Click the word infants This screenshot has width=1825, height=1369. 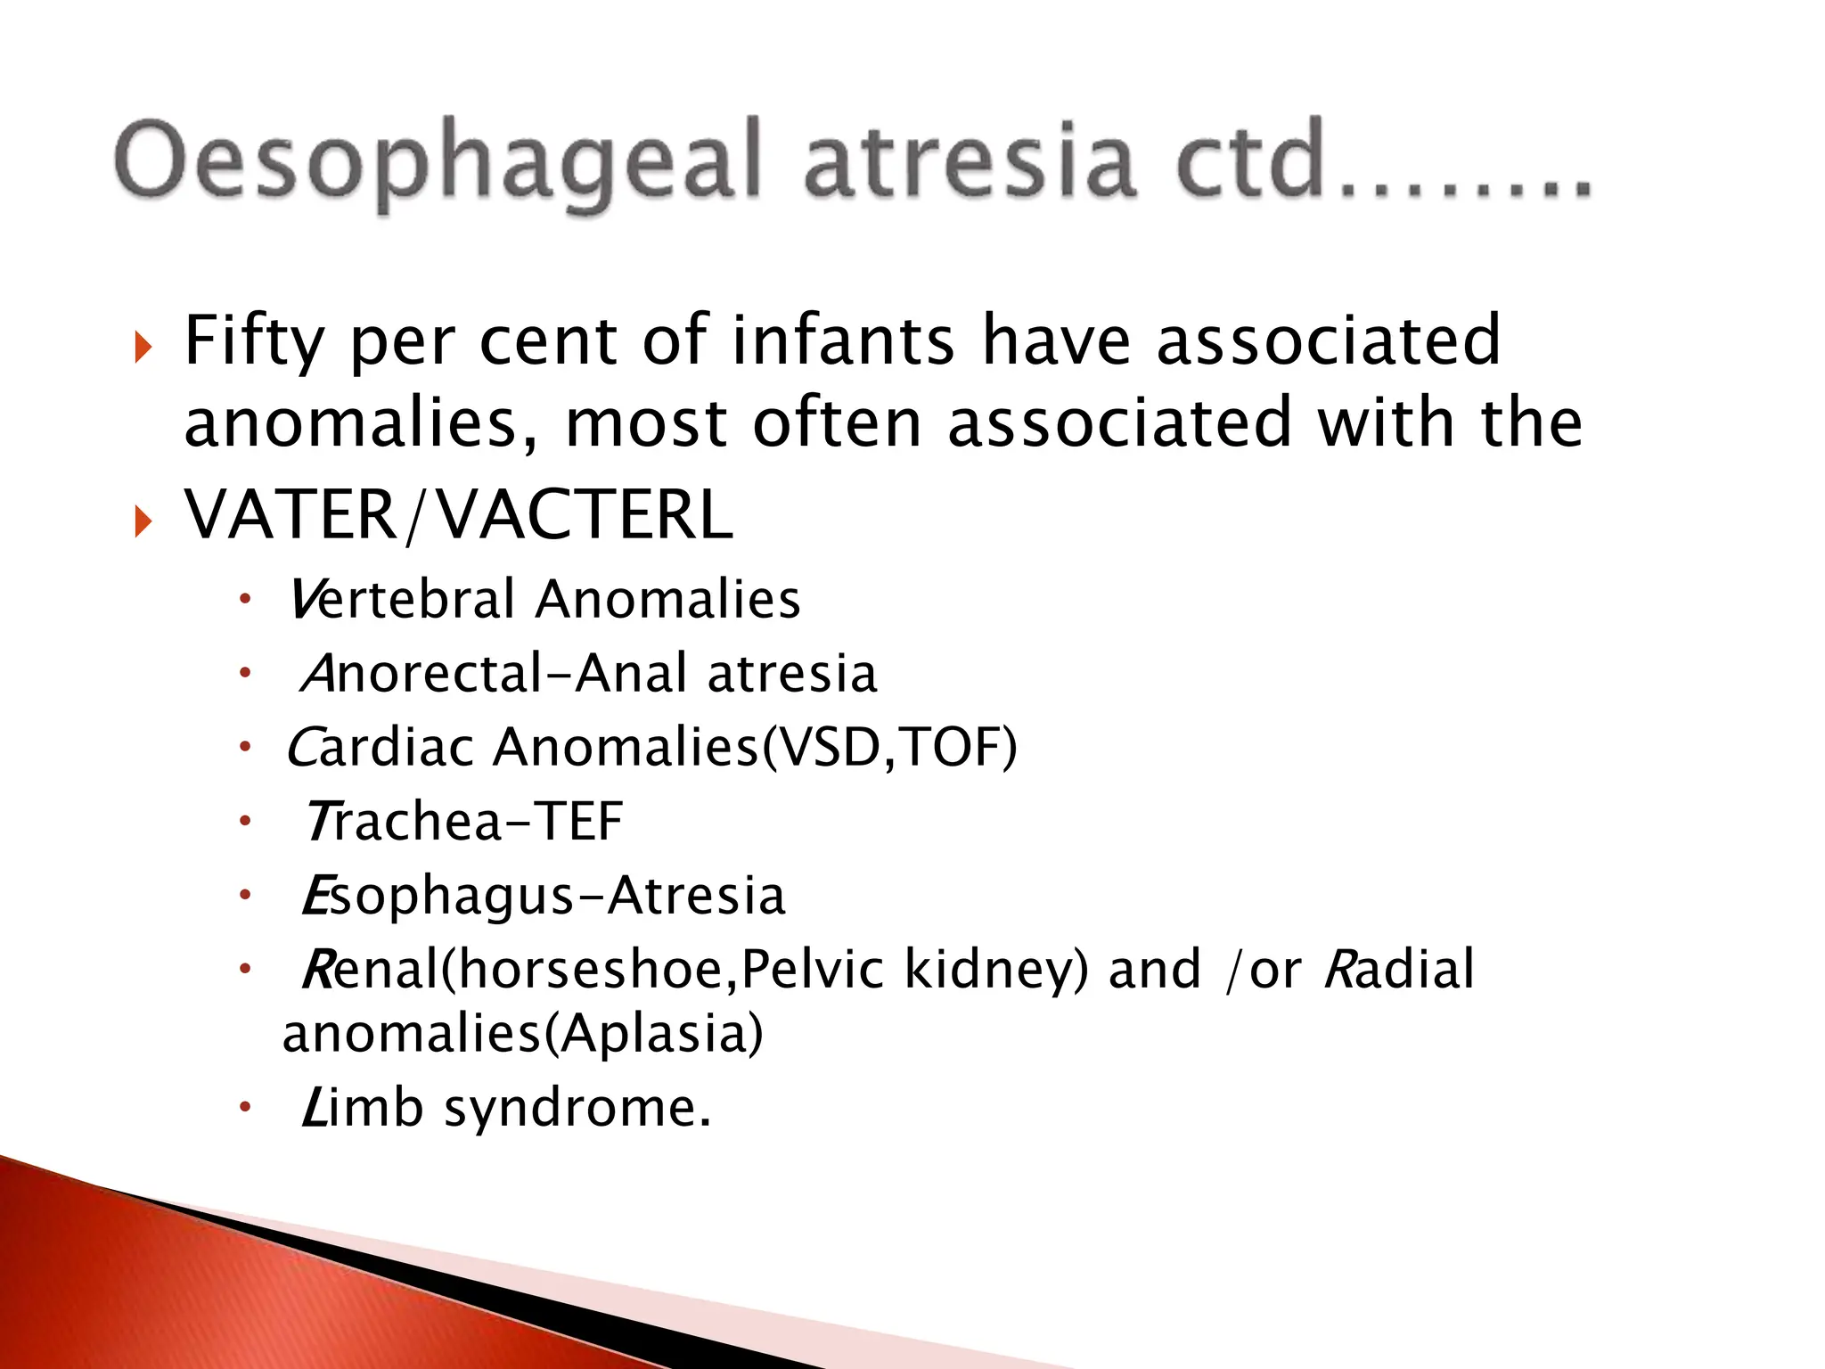point(843,340)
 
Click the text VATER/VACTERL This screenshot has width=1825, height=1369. point(459,516)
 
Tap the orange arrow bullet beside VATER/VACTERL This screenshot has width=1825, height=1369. point(143,521)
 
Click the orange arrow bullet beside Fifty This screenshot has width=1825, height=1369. point(143,347)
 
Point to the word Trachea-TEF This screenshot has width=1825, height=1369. point(463,821)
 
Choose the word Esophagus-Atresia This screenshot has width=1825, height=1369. point(544,896)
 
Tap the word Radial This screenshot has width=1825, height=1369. point(1399,970)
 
